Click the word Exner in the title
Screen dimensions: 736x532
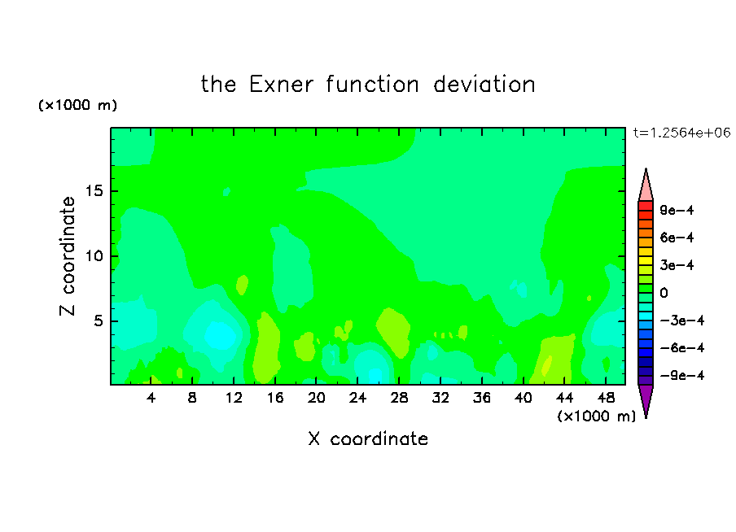(x=281, y=85)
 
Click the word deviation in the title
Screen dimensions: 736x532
(x=484, y=85)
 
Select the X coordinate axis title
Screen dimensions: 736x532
(x=368, y=438)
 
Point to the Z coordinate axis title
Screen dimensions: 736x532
(x=67, y=256)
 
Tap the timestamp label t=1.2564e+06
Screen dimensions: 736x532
(x=681, y=133)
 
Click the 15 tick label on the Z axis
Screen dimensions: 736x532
(x=94, y=191)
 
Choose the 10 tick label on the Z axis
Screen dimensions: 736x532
(x=94, y=256)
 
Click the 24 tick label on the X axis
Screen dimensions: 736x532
(x=357, y=398)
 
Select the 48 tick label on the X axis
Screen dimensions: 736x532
(x=606, y=398)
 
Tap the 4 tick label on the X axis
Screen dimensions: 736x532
(x=151, y=398)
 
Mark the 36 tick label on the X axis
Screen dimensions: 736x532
(x=482, y=398)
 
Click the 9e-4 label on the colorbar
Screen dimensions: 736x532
(x=677, y=210)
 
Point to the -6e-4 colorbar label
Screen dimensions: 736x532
(x=682, y=348)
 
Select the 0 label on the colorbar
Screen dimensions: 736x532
(x=664, y=293)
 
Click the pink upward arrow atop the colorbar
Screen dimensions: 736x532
(x=646, y=185)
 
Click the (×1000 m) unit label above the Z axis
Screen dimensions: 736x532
(x=77, y=105)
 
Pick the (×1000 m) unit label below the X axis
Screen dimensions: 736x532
(x=596, y=416)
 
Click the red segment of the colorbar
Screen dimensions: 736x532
(x=646, y=206)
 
